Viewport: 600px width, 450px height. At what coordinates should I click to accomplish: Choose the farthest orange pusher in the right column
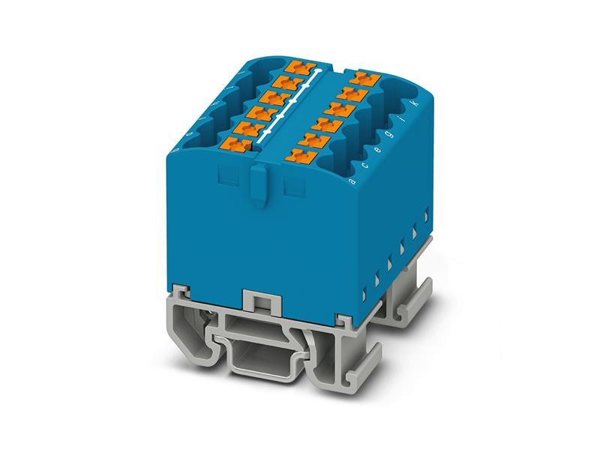click(366, 76)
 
